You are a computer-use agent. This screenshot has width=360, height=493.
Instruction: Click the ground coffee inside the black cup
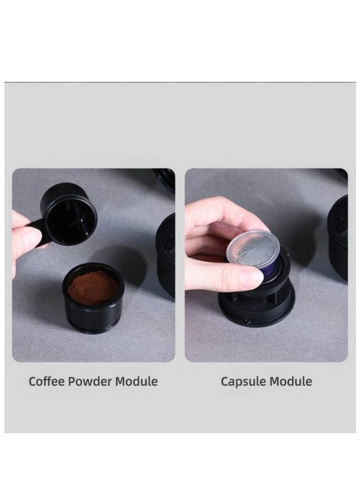tap(93, 288)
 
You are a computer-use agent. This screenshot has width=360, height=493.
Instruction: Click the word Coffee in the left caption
tap(45, 381)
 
